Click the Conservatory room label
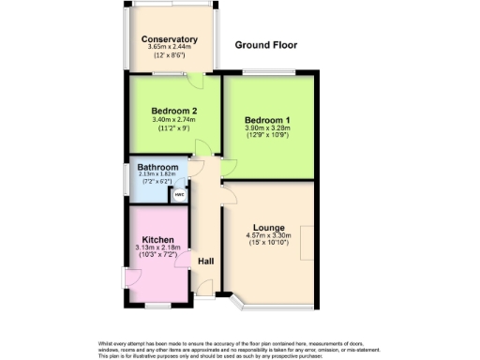[170, 39]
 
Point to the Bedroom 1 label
[267, 120]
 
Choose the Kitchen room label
[157, 239]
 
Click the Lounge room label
[269, 227]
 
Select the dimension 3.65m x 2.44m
[170, 48]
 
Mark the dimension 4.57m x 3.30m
[269, 235]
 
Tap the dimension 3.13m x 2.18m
[157, 247]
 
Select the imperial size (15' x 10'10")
[269, 244]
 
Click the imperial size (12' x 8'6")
[170, 56]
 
